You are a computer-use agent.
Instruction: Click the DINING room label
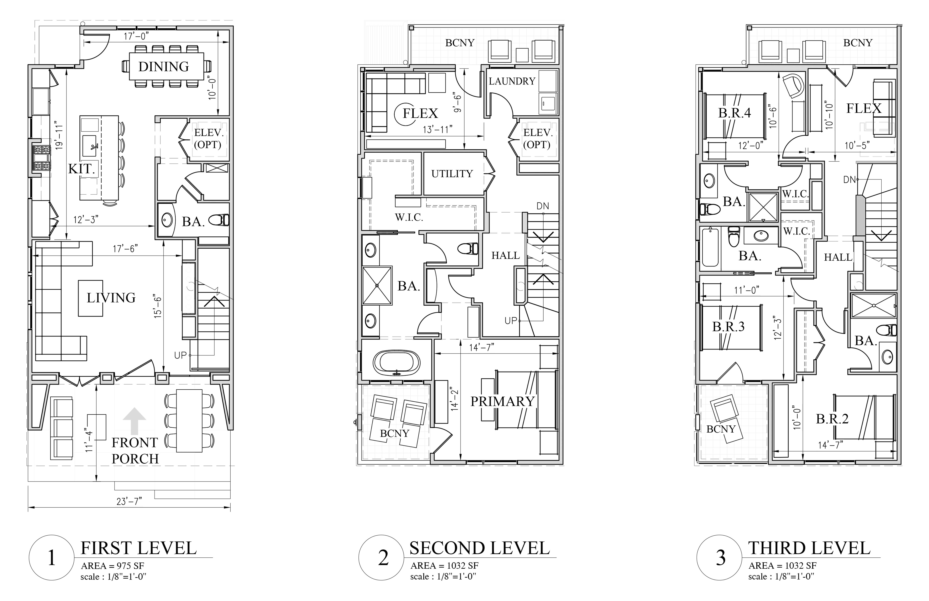click(x=164, y=67)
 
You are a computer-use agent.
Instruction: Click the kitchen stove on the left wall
click(x=41, y=158)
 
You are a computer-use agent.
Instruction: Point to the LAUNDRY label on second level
click(x=512, y=81)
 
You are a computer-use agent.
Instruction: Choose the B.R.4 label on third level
click(x=734, y=113)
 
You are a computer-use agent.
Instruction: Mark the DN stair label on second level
click(x=543, y=206)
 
